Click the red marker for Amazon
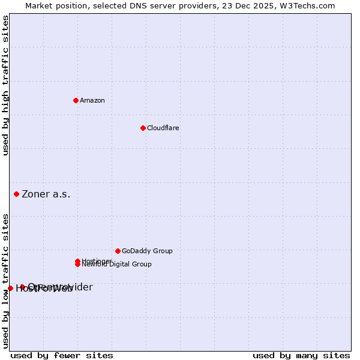pos(76,100)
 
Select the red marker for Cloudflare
pos(143,128)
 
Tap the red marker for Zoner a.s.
pos(16,194)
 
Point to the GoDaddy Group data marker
pos(118,251)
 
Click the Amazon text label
pos(92,100)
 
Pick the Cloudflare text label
pos(163,128)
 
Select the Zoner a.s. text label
pos(46,194)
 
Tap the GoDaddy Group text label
pos(147,251)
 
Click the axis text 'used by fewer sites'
pos(62,355)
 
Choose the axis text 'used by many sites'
pos(301,355)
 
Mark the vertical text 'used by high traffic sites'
pos(6,85)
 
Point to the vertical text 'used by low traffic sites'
pos(6,280)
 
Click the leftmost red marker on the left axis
pos(10,288)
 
